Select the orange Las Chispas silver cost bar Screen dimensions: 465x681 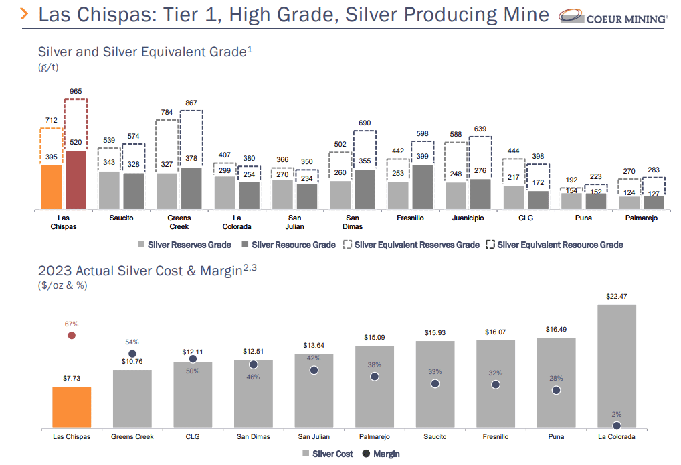click(72, 407)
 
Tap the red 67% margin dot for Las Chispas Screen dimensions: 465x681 click(72, 335)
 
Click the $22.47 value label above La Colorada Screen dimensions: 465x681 click(616, 296)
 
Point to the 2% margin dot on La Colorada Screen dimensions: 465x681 click(616, 425)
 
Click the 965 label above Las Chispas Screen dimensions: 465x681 click(76, 91)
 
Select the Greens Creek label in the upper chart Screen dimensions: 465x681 click(179, 222)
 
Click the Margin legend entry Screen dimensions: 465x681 click(381, 454)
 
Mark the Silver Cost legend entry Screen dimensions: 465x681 click(328, 454)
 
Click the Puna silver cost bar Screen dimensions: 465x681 click(556, 383)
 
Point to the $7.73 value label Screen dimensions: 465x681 click(72, 379)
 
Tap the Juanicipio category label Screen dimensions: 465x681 click(467, 218)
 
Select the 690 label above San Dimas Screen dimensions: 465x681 click(365, 123)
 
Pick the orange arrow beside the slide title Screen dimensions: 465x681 click(25, 15)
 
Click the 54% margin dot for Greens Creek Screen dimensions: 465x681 click(132, 354)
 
